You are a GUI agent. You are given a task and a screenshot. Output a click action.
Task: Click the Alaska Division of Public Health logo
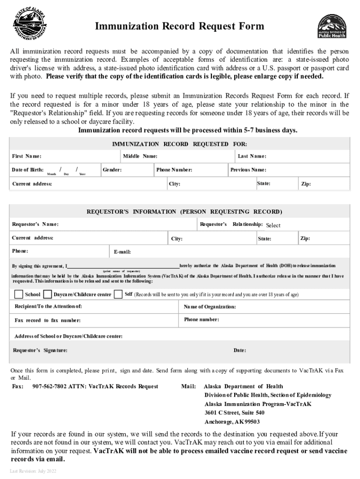click(332, 26)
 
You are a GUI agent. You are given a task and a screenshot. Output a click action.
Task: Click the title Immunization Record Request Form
click(180, 27)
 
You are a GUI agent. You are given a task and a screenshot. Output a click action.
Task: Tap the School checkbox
click(19, 295)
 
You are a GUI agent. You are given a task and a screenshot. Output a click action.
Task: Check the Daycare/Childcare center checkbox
click(48, 295)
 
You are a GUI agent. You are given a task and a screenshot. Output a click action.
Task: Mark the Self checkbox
click(118, 294)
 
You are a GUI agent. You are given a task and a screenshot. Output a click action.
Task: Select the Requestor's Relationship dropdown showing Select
click(273, 225)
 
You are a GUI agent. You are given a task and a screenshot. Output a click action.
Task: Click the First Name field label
click(27, 156)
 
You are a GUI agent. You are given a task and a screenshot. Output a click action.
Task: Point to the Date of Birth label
click(28, 170)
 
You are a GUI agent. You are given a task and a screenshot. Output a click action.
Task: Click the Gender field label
click(112, 170)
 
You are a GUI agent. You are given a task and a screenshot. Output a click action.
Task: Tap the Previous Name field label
click(248, 170)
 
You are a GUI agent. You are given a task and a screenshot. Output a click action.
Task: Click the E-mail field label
click(122, 252)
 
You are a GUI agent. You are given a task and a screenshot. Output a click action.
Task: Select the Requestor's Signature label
click(40, 350)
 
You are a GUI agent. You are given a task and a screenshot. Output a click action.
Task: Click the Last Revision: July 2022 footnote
click(33, 471)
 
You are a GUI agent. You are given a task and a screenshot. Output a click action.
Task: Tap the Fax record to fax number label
click(48, 320)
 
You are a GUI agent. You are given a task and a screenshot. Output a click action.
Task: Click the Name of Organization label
click(210, 307)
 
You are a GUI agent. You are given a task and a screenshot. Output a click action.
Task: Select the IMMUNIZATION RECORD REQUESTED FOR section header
click(180, 144)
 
